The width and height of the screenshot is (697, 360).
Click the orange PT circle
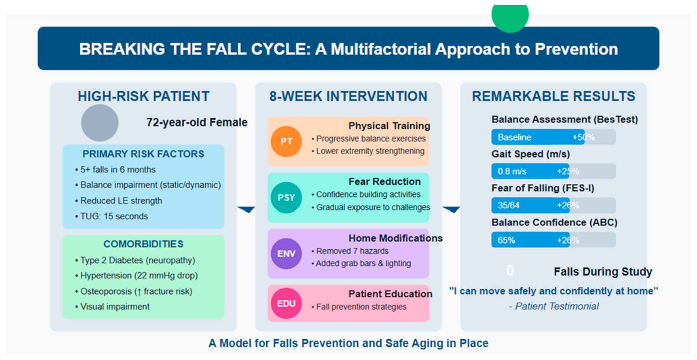tap(286, 141)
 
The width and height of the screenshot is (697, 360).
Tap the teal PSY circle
tap(286, 198)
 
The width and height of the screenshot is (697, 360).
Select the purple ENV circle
tap(286, 253)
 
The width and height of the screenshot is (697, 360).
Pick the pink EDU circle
tap(286, 303)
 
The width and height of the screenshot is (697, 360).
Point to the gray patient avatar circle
tap(100, 123)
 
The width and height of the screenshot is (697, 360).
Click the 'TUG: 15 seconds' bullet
tap(114, 216)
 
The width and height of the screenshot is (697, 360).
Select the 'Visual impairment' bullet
tap(115, 306)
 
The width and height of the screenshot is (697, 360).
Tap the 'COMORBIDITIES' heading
tap(143, 244)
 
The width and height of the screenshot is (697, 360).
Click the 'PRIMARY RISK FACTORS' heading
tap(143, 154)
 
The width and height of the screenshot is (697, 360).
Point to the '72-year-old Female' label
tap(197, 122)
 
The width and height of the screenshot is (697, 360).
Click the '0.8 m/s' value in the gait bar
tap(512, 171)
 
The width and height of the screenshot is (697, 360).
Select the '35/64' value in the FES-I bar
tap(508, 205)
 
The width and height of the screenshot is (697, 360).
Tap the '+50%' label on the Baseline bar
tap(583, 137)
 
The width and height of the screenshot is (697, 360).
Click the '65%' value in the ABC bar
tap(506, 240)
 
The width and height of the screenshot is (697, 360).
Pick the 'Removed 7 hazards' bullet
tap(352, 251)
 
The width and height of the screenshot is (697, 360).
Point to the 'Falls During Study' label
tap(603, 272)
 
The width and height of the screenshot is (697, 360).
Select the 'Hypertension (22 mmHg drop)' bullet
tap(139, 275)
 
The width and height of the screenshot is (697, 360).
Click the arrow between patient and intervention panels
tap(246, 209)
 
